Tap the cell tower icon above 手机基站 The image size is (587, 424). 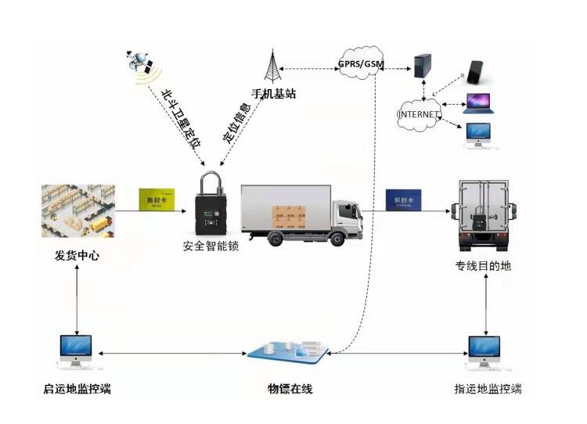coord(272,66)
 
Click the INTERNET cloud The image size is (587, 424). coord(419,114)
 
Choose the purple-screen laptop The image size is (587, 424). coord(478,102)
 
